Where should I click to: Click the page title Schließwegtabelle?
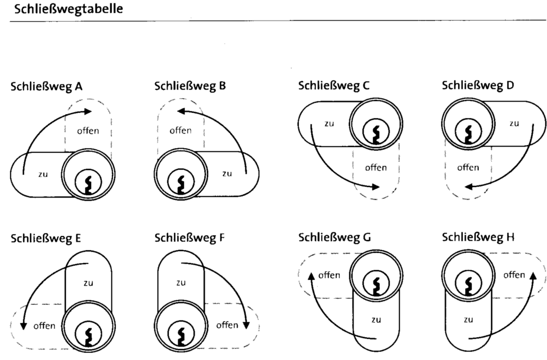tap(68, 9)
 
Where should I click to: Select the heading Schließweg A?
tap(46, 86)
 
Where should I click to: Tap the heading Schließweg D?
tap(478, 85)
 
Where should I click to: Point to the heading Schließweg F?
tap(189, 238)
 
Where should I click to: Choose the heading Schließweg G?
tap(335, 238)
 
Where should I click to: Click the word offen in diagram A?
tap(88, 131)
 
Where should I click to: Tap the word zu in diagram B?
tap(227, 174)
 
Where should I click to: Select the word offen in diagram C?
tap(376, 168)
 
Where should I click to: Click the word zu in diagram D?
tap(514, 123)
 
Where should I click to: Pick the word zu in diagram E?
tap(88, 282)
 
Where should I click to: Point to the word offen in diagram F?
tap(227, 325)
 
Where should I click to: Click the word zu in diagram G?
tap(376, 319)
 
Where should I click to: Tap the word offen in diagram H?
tap(514, 275)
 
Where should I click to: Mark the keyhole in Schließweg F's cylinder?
tap(181, 336)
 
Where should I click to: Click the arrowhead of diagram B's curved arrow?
tap(181, 111)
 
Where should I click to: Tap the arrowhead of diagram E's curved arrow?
tap(24, 325)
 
